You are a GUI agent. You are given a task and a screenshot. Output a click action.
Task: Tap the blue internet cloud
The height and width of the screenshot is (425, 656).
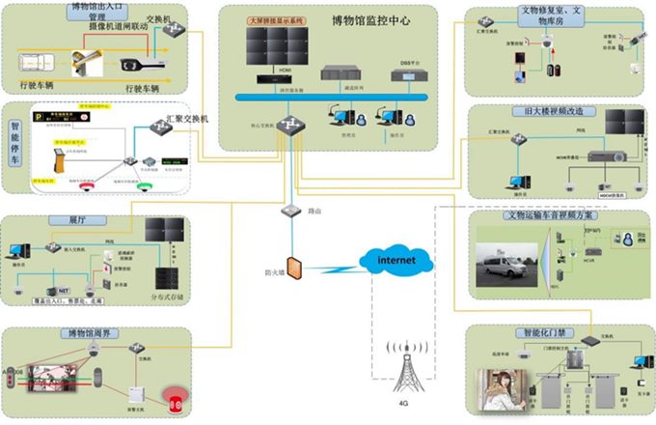pyautogui.click(x=395, y=260)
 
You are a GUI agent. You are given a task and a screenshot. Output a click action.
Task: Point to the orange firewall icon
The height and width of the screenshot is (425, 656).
pyautogui.click(x=295, y=262)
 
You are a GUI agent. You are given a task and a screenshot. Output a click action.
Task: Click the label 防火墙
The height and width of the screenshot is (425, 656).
pyautogui.click(x=276, y=273)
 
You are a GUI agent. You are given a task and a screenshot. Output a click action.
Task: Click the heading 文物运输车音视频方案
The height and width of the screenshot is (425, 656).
pyautogui.click(x=551, y=215)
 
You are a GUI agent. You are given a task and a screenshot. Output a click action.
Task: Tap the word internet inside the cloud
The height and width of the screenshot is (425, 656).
pyautogui.click(x=395, y=260)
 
